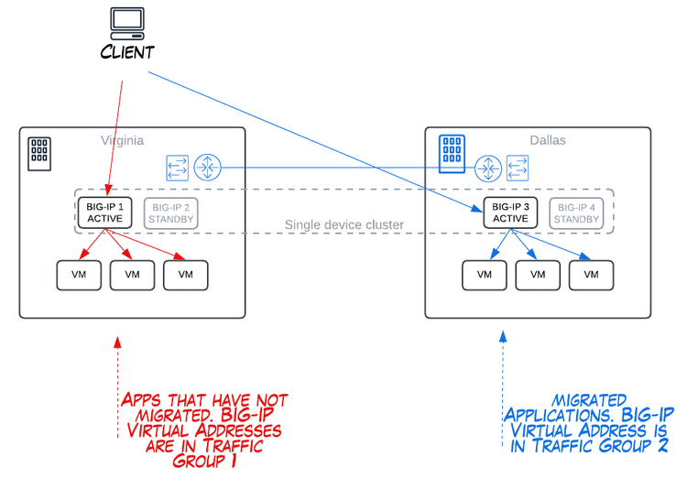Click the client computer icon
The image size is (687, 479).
(x=125, y=21)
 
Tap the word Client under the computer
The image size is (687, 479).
(x=126, y=51)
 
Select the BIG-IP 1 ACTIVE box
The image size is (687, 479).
(x=104, y=213)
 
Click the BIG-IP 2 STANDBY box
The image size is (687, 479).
(x=173, y=213)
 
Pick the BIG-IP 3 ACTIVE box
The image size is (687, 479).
(x=510, y=213)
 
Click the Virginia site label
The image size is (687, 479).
(x=122, y=141)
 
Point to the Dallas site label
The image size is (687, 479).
(x=548, y=141)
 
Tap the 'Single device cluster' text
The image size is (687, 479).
(x=343, y=225)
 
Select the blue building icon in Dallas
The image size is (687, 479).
(x=451, y=154)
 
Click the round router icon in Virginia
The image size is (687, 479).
(x=209, y=168)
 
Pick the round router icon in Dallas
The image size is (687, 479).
(x=487, y=168)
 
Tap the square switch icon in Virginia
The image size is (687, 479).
(x=177, y=168)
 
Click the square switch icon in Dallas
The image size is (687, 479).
(x=518, y=168)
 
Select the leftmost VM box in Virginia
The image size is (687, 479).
(x=80, y=274)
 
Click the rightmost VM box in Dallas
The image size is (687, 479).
(x=591, y=274)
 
